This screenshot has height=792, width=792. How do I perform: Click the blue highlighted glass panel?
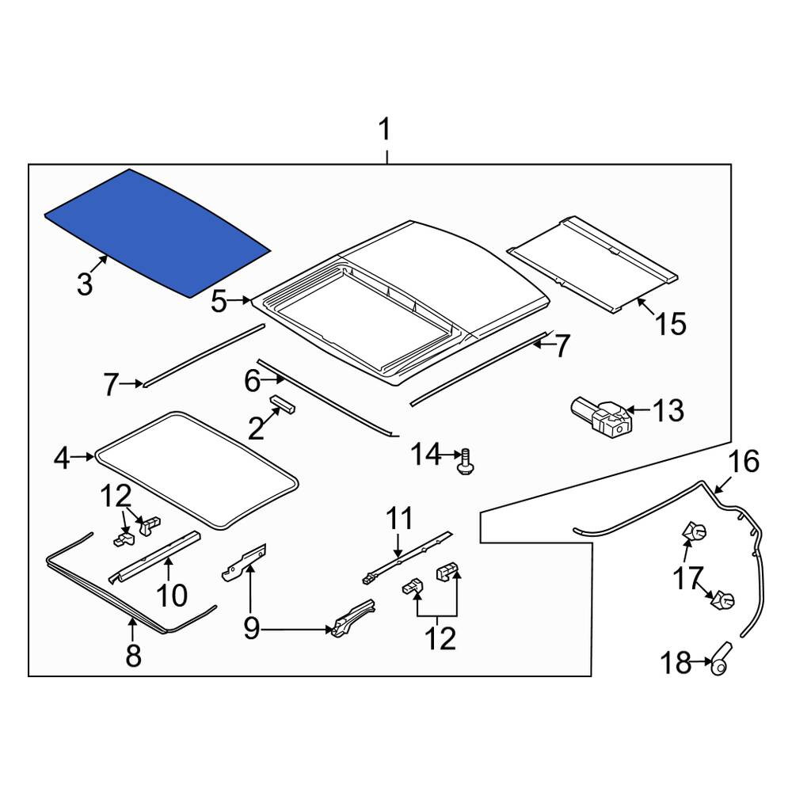(158, 232)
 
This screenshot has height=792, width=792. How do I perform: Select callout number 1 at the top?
(385, 130)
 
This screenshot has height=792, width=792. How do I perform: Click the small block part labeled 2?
(283, 404)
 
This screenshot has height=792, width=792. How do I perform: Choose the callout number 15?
(671, 323)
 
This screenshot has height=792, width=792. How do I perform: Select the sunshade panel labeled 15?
(592, 265)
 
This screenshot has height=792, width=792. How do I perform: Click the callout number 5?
(219, 302)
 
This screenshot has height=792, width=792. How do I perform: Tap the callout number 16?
(744, 462)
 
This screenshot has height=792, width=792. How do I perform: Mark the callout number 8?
(133, 656)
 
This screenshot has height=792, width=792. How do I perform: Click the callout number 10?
(172, 595)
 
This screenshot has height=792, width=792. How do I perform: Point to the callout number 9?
(252, 629)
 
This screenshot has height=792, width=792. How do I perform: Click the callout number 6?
(252, 381)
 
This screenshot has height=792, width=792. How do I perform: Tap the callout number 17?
(688, 578)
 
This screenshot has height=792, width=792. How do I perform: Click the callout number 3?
(85, 284)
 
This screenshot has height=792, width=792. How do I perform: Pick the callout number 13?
(668, 410)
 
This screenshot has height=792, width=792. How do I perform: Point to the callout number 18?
(676, 662)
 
